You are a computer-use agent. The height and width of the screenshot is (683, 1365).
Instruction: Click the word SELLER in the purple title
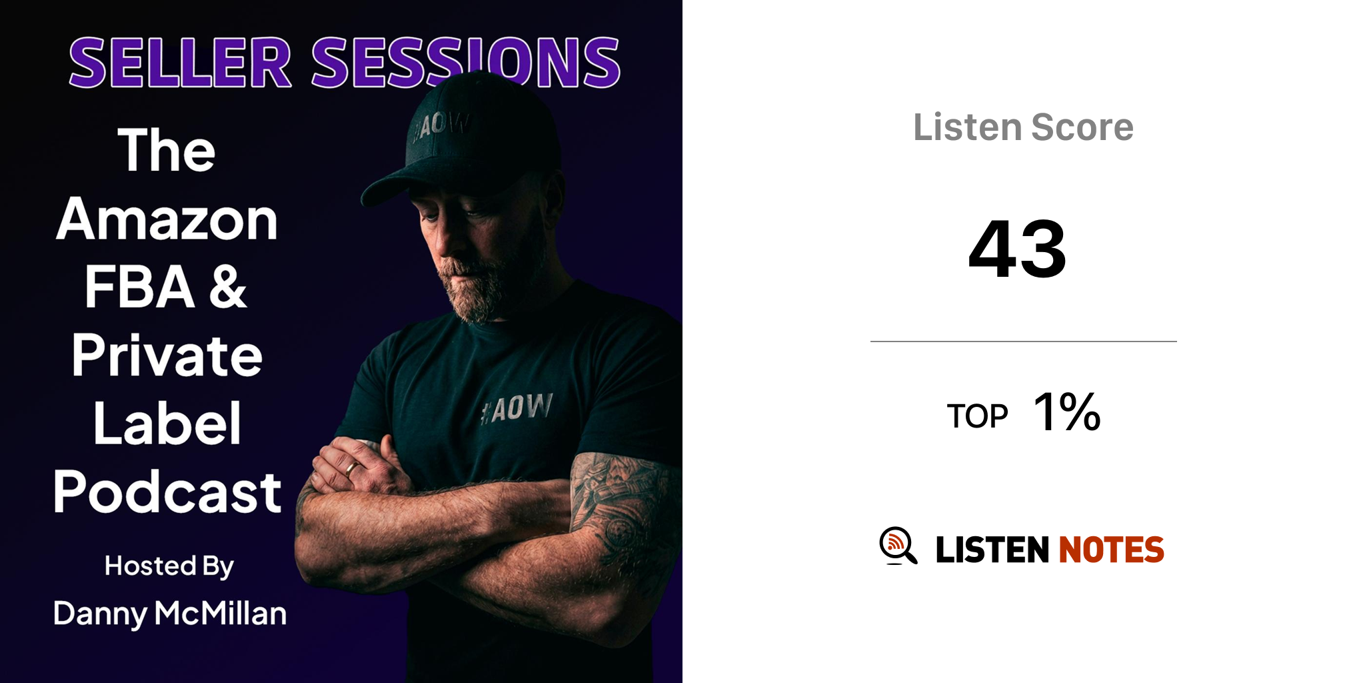[180, 63]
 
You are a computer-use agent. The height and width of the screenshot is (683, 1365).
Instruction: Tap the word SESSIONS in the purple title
[466, 63]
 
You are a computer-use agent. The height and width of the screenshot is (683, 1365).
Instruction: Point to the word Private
[167, 355]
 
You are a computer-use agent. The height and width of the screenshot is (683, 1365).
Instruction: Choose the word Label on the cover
[167, 423]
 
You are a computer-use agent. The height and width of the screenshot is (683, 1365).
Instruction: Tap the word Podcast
[167, 492]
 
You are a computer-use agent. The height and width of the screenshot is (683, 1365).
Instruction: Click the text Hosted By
[169, 566]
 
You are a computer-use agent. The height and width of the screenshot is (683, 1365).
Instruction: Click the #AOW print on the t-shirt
[517, 408]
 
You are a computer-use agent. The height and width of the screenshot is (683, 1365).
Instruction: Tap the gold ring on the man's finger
[351, 469]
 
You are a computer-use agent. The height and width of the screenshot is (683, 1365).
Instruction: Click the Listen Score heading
[1023, 127]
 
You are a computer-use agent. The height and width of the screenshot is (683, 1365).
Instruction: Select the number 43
[1017, 248]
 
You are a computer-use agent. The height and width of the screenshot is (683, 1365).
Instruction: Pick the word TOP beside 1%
[977, 416]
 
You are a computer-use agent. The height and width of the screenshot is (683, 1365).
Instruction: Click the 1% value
[1066, 412]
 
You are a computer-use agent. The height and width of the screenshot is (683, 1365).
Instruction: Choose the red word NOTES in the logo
[1111, 550]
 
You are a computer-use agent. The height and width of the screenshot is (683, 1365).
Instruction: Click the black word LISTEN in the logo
[992, 550]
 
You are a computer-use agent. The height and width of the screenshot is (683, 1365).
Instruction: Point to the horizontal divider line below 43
[1024, 341]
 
